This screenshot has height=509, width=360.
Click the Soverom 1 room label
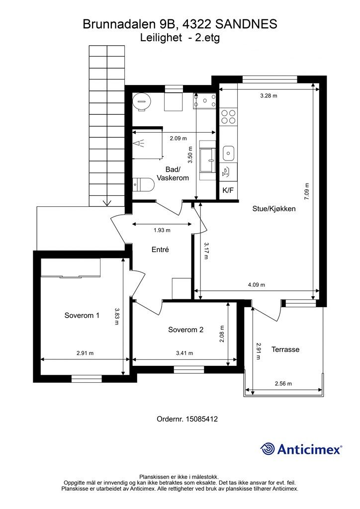click(82, 315)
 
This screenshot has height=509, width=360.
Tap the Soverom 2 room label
click(185, 330)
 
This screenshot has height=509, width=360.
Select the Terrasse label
click(285, 349)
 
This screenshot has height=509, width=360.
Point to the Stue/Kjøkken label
click(274, 209)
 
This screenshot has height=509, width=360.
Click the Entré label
click(161, 250)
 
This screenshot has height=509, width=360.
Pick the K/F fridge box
click(228, 190)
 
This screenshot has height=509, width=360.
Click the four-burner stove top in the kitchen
click(228, 117)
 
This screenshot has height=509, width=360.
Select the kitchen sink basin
click(229, 153)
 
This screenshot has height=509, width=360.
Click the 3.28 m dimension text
click(269, 96)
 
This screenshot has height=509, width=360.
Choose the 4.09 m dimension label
click(257, 285)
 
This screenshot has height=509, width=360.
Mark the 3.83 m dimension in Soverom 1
click(117, 316)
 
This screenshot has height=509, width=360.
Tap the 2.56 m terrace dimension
click(283, 383)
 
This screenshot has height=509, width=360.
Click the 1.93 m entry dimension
click(162, 230)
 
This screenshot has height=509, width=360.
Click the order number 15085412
click(201, 419)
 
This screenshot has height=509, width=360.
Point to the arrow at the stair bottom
click(107, 203)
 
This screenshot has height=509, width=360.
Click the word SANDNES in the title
click(247, 24)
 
